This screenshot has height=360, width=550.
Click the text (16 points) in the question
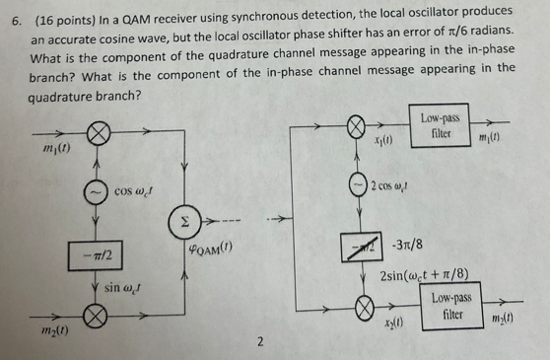tap(65, 19)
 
